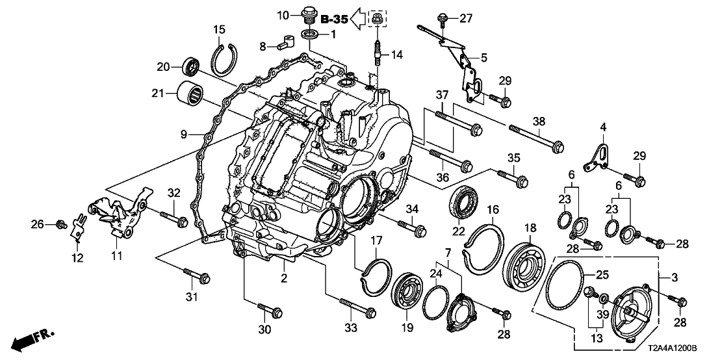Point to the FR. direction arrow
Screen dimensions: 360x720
33,338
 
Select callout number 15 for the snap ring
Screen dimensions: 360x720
220,29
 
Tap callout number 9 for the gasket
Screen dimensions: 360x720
183,135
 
